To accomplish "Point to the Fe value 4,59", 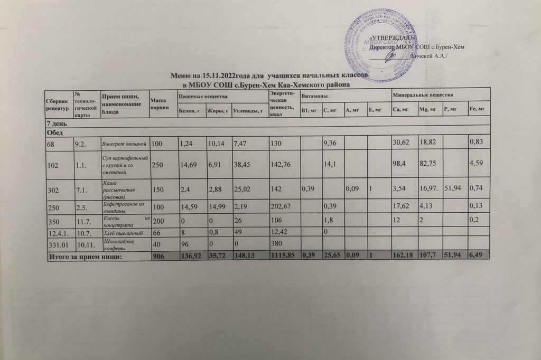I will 477,164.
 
